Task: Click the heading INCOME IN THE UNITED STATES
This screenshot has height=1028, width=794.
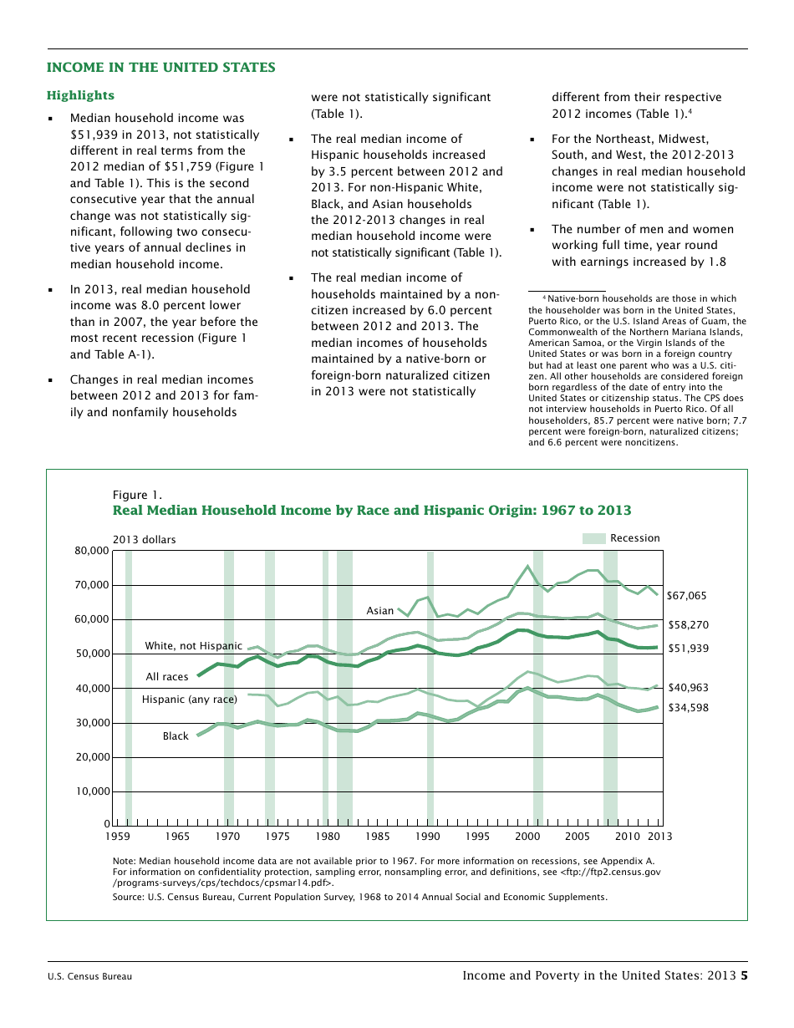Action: point(160,68)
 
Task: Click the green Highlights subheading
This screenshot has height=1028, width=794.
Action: point(80,96)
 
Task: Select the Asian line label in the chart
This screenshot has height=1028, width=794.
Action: point(380,611)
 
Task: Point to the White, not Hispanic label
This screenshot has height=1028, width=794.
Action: point(193,646)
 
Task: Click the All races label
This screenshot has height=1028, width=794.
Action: point(167,677)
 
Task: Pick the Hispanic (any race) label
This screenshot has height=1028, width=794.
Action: point(190,700)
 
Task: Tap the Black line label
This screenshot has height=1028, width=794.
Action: point(176,736)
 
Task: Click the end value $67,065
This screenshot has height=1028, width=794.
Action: point(687,596)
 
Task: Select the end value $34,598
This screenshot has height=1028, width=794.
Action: point(687,708)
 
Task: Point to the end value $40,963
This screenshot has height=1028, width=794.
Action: point(687,688)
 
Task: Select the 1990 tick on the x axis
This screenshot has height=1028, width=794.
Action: point(428,836)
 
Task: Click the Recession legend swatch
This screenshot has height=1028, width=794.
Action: point(593,538)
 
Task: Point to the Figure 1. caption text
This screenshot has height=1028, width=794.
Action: point(137,495)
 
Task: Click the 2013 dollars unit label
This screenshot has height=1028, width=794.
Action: point(144,540)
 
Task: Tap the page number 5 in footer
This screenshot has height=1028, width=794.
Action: point(744,975)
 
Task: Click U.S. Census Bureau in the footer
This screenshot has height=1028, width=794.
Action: point(89,976)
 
